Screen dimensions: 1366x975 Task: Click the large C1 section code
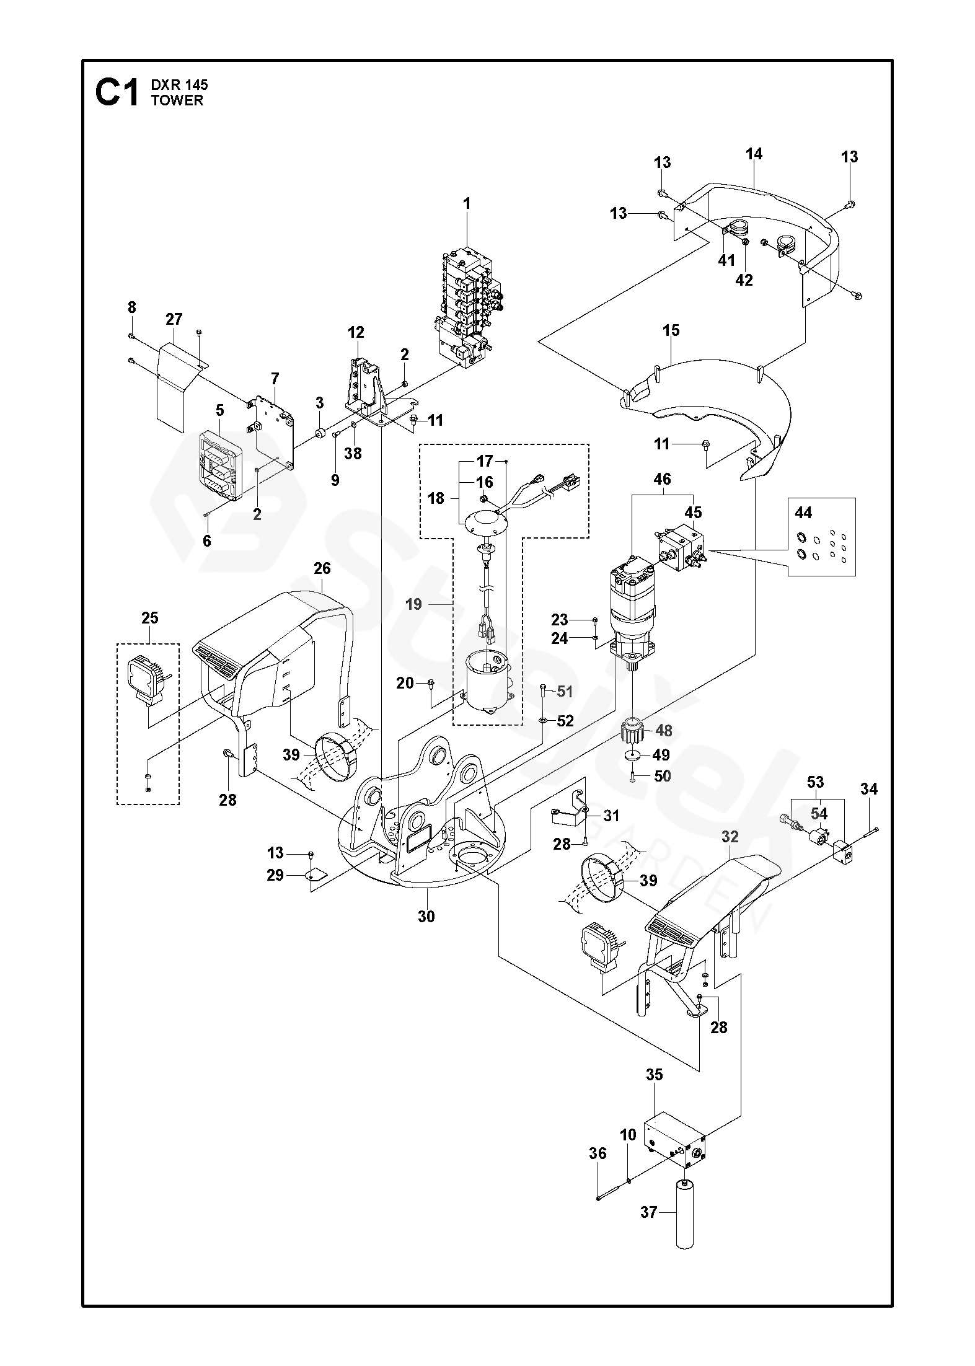click(117, 93)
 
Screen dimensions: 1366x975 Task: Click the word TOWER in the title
click(177, 100)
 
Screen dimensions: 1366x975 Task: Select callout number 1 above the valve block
click(467, 203)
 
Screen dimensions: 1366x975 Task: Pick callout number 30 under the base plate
click(426, 915)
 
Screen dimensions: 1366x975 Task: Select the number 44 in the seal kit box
click(804, 513)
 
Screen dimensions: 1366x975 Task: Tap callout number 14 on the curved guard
click(754, 154)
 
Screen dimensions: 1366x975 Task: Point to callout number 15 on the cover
click(671, 330)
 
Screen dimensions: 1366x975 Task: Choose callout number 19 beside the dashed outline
click(413, 604)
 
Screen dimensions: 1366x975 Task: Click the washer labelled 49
click(633, 756)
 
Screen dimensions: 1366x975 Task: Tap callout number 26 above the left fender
click(322, 568)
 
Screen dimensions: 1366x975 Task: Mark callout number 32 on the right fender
click(730, 837)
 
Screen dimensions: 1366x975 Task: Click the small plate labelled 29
click(317, 875)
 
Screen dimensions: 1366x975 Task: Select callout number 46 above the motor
click(662, 479)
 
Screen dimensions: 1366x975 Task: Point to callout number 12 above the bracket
click(356, 332)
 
